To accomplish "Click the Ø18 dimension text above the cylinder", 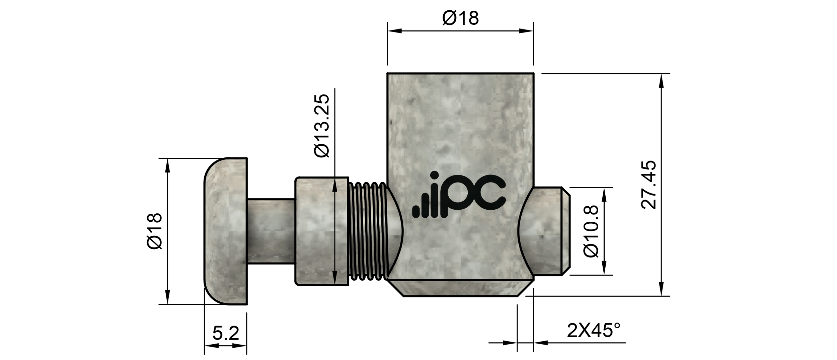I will [x=460, y=18].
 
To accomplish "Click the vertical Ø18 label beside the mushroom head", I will [x=155, y=231].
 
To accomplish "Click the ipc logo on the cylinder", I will [x=459, y=196].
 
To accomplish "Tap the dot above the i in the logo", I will [x=435, y=175].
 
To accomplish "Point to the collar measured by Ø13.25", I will [x=321, y=231].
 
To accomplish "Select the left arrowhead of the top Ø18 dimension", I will [x=394, y=31].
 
